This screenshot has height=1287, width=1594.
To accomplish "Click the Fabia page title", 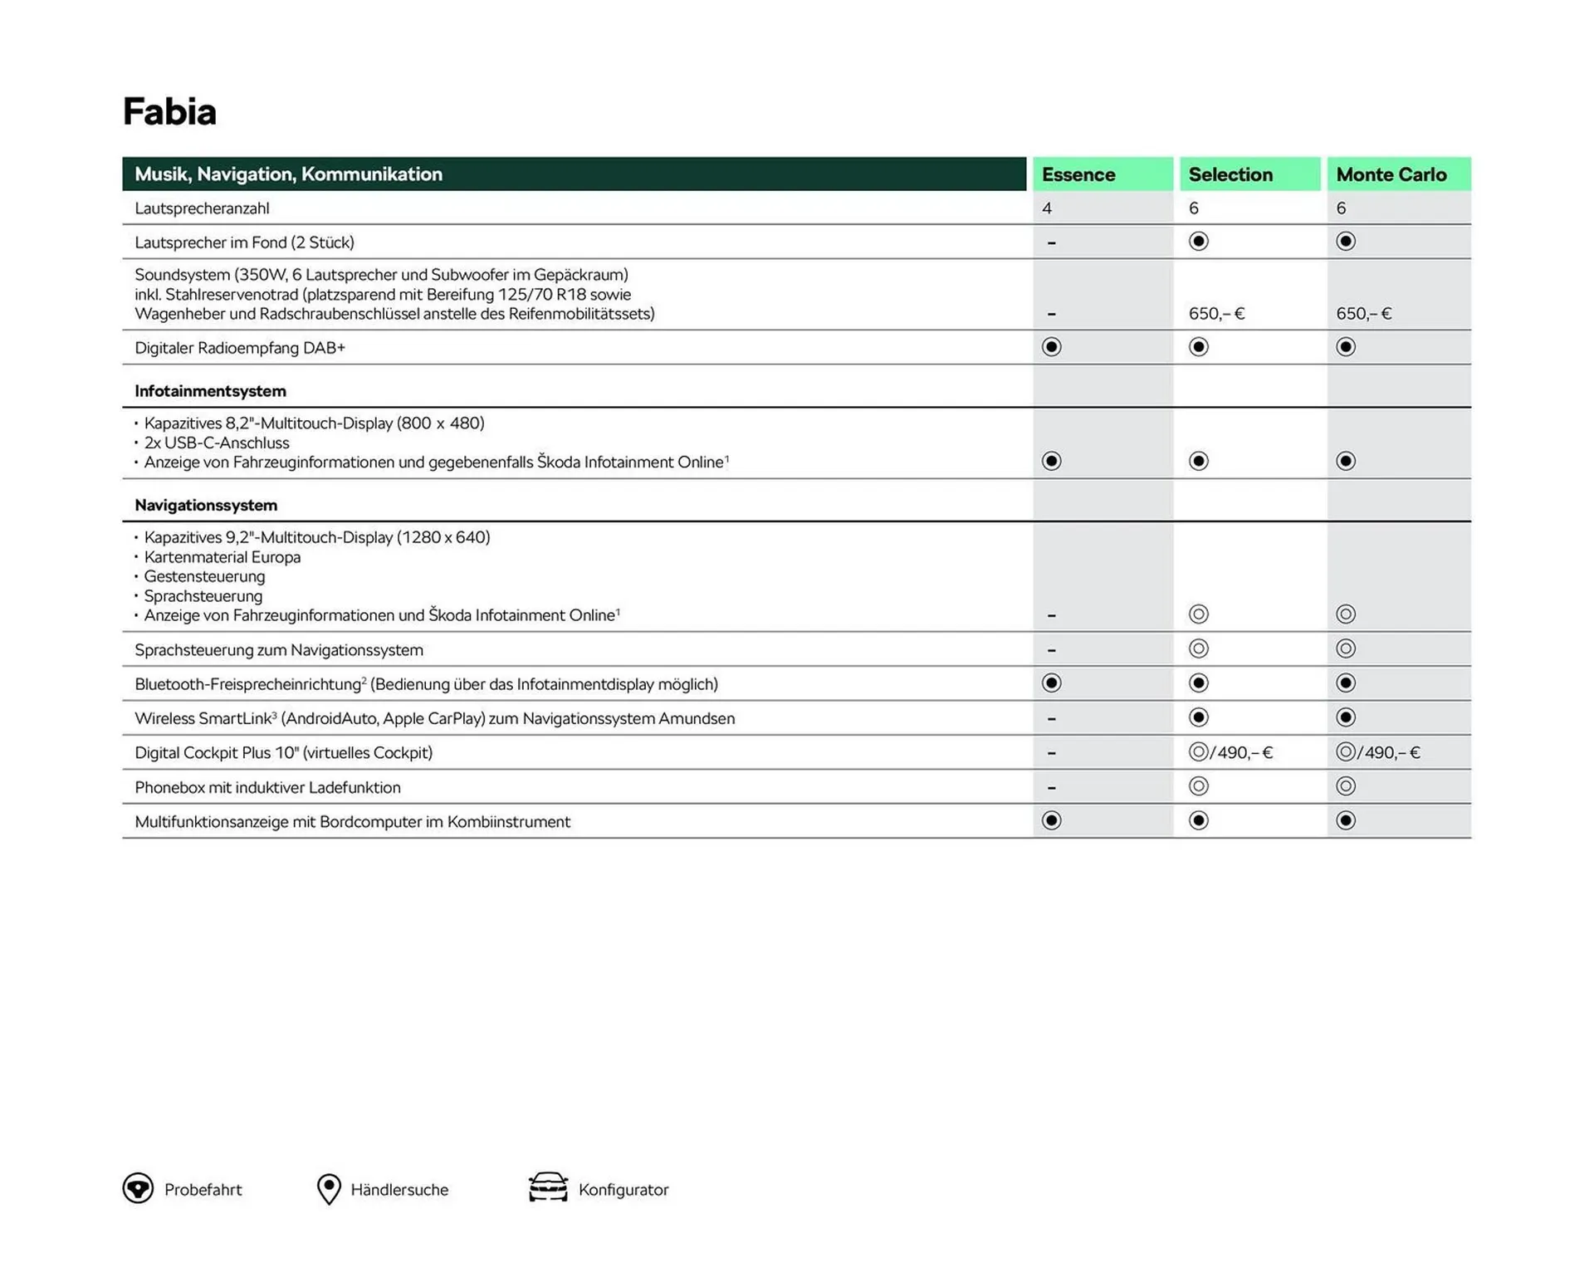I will tap(169, 112).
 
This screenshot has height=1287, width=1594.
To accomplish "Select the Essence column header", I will tap(1078, 174).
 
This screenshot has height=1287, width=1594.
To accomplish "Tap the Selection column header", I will tap(1230, 174).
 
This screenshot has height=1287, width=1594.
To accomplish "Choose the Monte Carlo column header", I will tap(1391, 174).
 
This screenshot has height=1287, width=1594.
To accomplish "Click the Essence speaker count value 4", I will tap(1047, 208).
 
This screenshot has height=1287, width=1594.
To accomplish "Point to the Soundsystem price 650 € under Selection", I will tap(1216, 314).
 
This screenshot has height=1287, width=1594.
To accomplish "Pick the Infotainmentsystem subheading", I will tap(210, 391).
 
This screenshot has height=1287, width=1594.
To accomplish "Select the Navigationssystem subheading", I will tap(206, 505).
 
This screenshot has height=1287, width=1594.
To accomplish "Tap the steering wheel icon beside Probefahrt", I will tap(138, 1188).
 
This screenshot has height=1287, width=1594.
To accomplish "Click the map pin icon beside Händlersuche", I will tap(329, 1188).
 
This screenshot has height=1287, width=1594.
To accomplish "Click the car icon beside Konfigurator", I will tap(548, 1187).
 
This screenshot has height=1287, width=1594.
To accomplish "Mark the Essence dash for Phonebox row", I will tap(1051, 787).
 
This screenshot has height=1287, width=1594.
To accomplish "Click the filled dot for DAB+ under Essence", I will tap(1051, 347).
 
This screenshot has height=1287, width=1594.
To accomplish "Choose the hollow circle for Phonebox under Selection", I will tap(1198, 786).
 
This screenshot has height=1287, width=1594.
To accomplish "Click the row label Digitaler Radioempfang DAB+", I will tap(240, 348).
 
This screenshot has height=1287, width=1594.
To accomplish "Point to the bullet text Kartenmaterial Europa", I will tap(222, 557).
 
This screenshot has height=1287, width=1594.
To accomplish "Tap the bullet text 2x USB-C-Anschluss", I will tap(216, 443).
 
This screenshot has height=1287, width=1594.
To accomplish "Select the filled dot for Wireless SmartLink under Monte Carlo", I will tap(1346, 717).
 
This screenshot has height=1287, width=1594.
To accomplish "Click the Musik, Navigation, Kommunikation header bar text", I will tap(288, 174).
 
